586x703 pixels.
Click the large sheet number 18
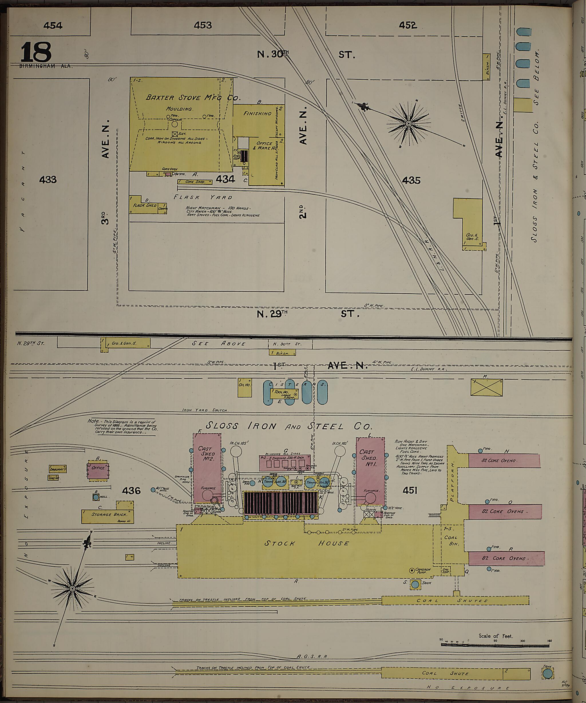36,52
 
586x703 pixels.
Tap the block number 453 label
203,25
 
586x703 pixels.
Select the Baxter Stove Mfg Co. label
193,98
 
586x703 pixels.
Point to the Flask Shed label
145,205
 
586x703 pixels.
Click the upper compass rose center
408,124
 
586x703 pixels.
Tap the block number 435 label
411,180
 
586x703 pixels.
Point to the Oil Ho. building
245,388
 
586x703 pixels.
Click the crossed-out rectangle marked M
486,387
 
